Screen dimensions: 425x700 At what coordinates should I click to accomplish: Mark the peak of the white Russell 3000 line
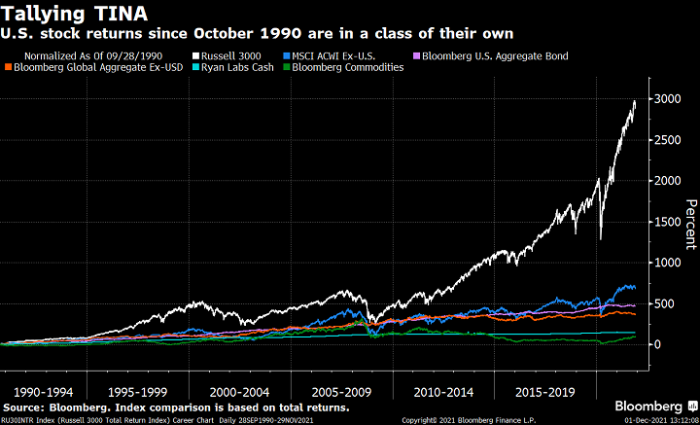click(634, 100)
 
